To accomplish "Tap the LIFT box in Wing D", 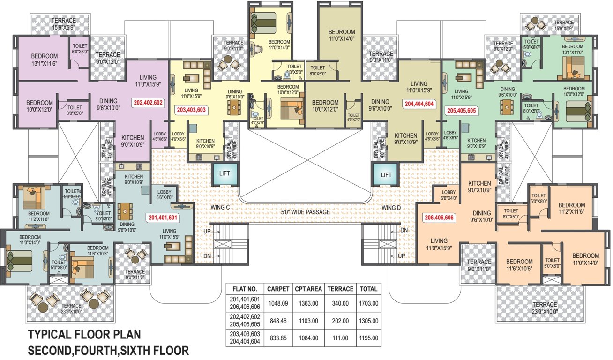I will click(386, 175).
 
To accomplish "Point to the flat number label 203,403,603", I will click(192, 111).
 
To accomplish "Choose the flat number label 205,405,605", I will click(461, 111).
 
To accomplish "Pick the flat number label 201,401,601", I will click(163, 217).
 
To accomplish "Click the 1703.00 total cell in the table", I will click(368, 303).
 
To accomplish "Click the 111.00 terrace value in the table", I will click(340, 338).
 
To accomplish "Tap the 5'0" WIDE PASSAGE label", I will click(306, 212).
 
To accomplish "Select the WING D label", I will click(391, 207).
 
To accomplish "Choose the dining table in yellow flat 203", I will click(233, 108).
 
